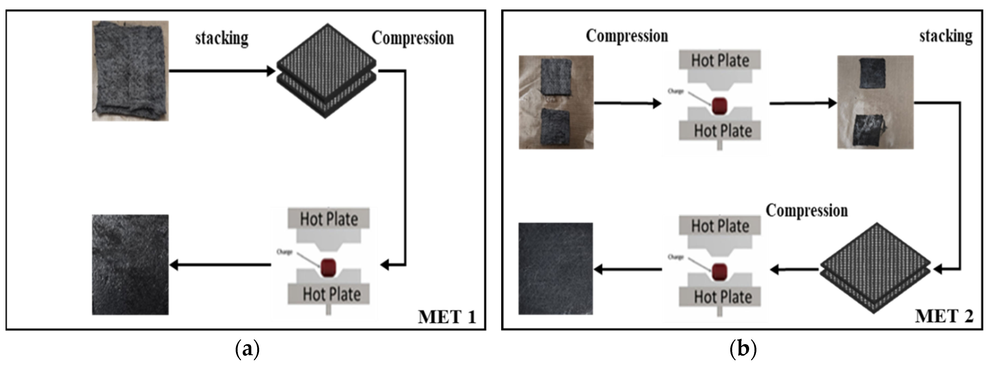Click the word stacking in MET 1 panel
point(222,38)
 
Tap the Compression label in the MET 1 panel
point(412,38)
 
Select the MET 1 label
point(447,317)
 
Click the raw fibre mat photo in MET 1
point(130,71)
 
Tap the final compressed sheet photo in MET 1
point(130,265)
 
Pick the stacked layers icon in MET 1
point(326,71)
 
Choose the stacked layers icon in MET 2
point(875,268)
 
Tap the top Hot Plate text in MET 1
point(329,219)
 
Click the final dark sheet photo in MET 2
point(556,269)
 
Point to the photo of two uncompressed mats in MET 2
point(556,102)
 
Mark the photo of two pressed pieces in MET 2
point(875,102)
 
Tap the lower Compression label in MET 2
point(806,211)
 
